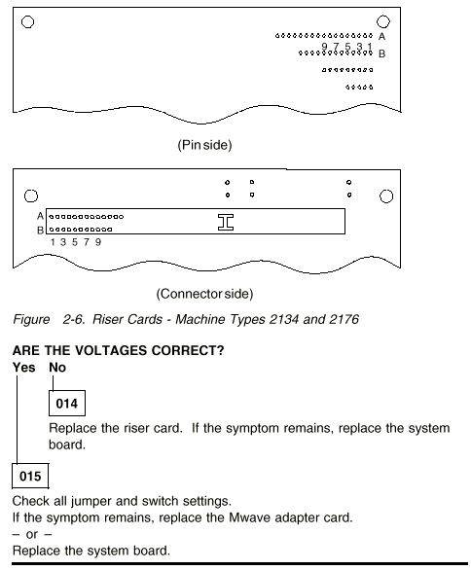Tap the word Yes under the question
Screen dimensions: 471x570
point(24,367)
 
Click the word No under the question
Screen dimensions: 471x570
point(57,367)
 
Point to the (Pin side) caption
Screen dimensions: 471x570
point(204,145)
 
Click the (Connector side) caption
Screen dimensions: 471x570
point(204,294)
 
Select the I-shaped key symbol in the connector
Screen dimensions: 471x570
point(226,222)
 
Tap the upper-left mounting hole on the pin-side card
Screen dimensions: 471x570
point(27,21)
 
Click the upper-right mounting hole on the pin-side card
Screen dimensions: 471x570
point(383,21)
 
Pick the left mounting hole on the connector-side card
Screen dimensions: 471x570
point(31,196)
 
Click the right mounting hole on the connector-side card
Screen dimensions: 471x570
point(386,196)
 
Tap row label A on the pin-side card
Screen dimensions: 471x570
point(381,36)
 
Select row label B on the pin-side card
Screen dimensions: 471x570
point(381,53)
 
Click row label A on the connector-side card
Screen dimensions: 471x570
point(40,216)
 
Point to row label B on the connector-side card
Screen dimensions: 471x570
point(40,231)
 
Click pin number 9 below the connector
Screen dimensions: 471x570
point(98,242)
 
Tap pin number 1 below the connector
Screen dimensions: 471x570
point(53,242)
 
